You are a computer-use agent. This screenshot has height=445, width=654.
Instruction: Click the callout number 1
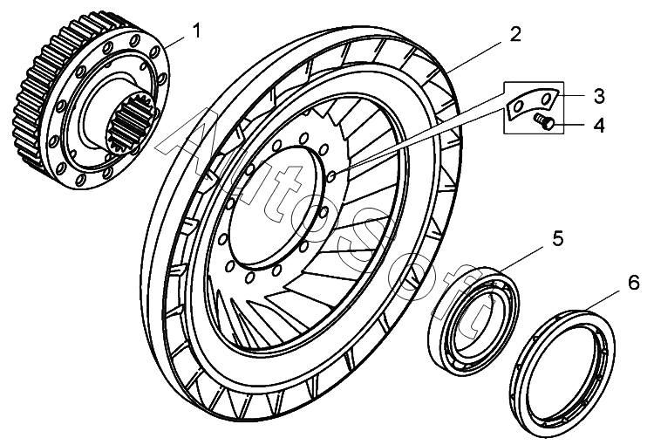click(x=197, y=31)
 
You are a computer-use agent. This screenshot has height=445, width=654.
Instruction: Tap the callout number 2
click(x=515, y=34)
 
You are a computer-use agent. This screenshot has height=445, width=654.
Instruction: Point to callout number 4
click(x=599, y=125)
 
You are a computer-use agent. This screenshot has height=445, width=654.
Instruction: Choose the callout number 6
click(x=633, y=282)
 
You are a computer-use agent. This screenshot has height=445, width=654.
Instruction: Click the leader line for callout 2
click(x=480, y=51)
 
